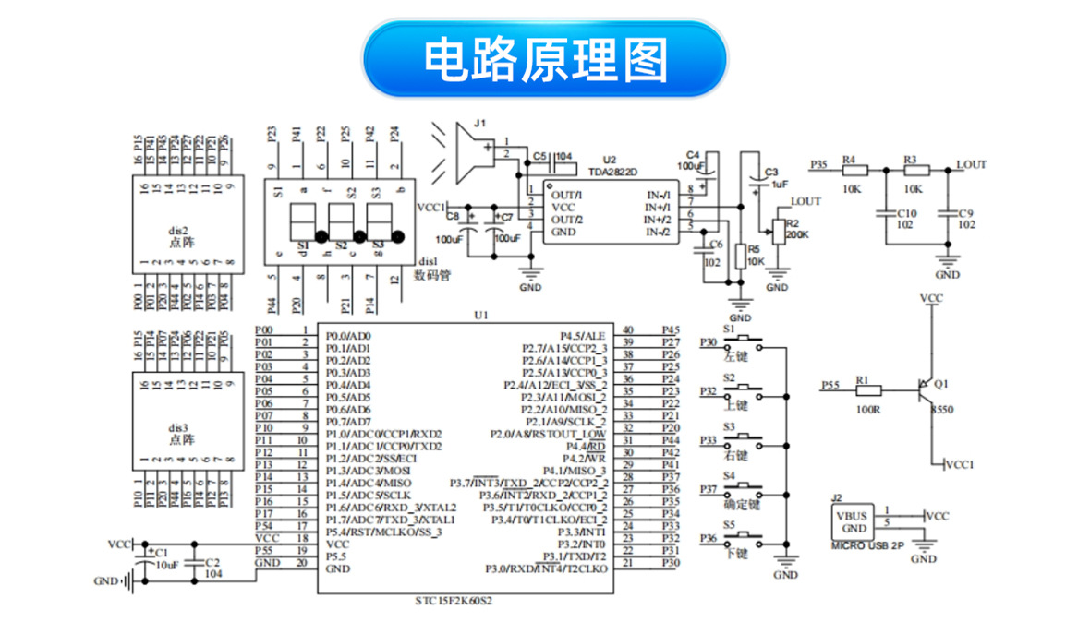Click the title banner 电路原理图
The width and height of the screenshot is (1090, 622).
click(545, 59)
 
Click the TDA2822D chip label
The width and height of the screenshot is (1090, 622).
click(613, 172)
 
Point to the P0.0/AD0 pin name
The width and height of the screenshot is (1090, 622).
click(348, 335)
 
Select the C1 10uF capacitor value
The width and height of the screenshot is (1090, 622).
click(167, 563)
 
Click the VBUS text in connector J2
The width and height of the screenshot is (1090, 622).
click(852, 516)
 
